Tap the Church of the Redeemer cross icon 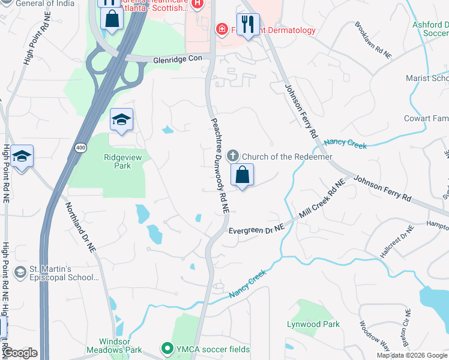(x=234, y=157)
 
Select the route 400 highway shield (x=80, y=147)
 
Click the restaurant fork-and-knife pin (x=248, y=25)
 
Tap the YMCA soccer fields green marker (x=167, y=349)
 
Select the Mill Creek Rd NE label (x=322, y=199)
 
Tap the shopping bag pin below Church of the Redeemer (x=242, y=175)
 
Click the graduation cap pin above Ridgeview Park (x=121, y=119)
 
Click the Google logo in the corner (x=20, y=353)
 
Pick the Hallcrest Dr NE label (x=398, y=242)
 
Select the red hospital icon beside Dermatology (x=221, y=29)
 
